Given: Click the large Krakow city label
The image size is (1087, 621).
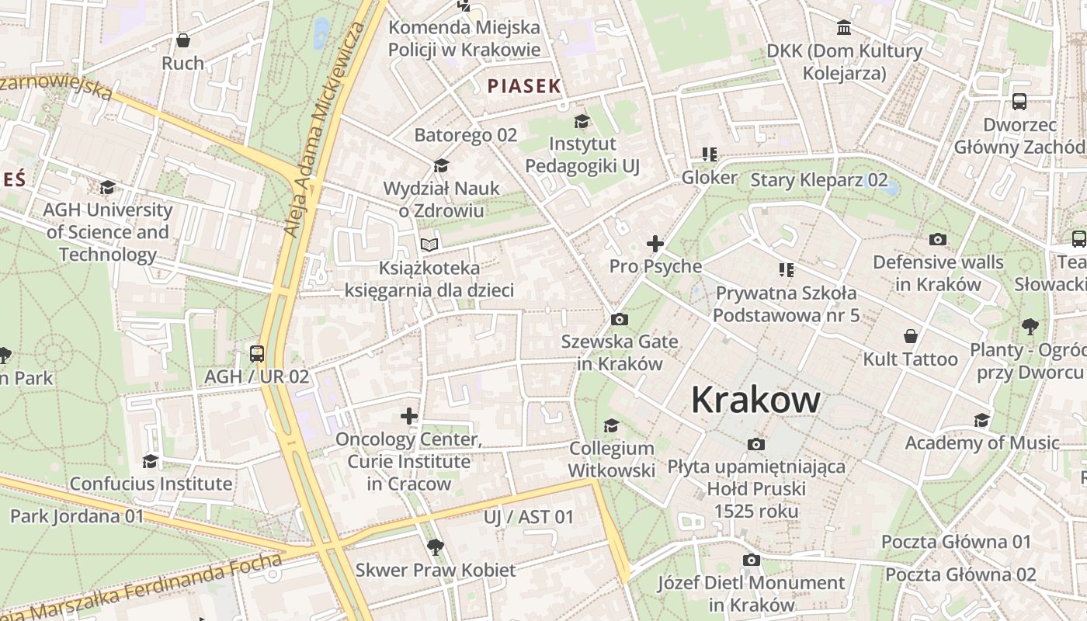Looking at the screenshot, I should tap(755, 400).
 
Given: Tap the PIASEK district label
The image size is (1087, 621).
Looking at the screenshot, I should tap(524, 86).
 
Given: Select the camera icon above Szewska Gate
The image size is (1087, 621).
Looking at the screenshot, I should tap(619, 319).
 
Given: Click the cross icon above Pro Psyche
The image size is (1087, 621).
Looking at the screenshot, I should tap(655, 244).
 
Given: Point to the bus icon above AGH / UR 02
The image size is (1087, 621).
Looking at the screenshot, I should tap(257, 354).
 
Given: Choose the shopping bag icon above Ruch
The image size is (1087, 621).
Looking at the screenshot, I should tap(183, 40).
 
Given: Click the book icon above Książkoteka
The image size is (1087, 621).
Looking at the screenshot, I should tap(429, 245).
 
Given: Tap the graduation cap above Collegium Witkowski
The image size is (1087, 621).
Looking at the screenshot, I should tap(612, 425).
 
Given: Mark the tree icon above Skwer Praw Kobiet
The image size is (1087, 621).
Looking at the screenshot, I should tap(436, 546).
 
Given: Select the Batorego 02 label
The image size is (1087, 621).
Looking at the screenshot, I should tap(465, 135).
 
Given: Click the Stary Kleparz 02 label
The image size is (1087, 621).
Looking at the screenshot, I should tap(818, 180).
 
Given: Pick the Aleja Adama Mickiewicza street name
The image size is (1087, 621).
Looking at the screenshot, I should tap(325, 130).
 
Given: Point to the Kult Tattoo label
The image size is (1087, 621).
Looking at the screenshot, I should tap(910, 359).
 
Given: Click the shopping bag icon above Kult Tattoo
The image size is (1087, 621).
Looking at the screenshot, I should tap(911, 336).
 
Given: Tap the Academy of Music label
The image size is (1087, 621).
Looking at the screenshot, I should tap(982, 443).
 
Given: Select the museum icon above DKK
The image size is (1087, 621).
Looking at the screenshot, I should tap(843, 29).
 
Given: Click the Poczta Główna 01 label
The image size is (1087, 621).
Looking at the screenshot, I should tap(956, 542).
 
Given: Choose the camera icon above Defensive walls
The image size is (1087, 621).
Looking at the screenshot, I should tap(938, 240).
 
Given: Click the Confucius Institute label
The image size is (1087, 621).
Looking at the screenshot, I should tap(151, 484).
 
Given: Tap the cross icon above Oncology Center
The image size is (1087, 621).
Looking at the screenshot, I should tap(409, 416).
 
